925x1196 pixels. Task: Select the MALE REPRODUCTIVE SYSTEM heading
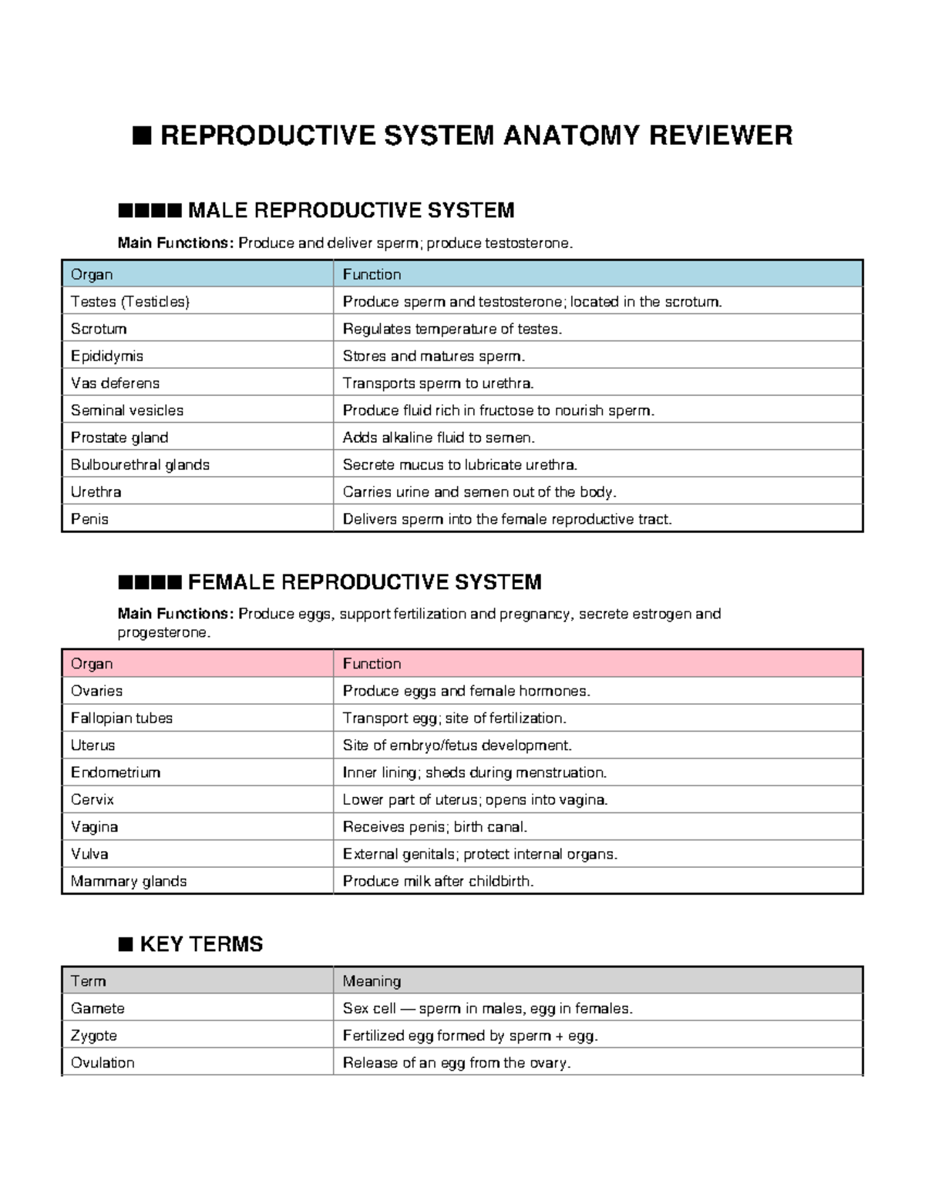point(351,210)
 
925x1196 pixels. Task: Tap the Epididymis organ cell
point(107,356)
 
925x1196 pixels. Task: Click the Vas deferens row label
point(115,383)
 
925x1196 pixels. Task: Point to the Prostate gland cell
point(119,437)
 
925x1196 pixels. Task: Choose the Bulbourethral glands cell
point(140,464)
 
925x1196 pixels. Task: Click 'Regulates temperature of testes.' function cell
point(452,329)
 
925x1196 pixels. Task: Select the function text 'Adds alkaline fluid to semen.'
point(439,437)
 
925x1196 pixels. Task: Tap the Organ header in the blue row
point(92,274)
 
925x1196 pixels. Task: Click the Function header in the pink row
point(372,663)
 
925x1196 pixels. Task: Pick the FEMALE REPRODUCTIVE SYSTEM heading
point(365,581)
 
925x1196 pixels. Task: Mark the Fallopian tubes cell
point(122,718)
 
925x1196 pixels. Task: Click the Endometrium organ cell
point(116,772)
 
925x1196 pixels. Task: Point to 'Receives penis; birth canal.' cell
point(436,826)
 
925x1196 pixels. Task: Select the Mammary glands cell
point(129,881)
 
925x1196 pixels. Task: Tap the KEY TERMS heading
point(201,944)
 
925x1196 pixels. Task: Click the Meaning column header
point(372,981)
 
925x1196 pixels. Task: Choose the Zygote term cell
point(94,1035)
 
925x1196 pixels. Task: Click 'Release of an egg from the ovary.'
point(456,1063)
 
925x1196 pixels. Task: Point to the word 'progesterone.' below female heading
point(163,632)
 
